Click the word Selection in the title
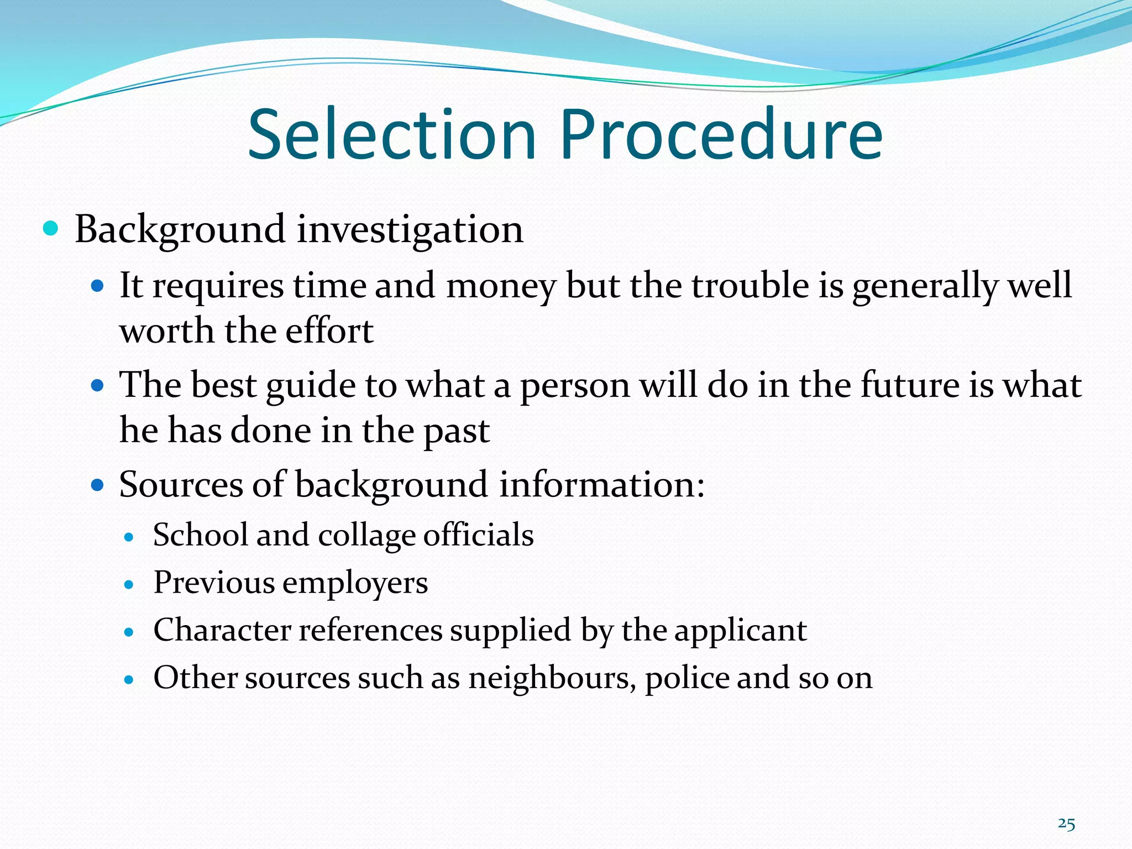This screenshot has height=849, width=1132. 392,135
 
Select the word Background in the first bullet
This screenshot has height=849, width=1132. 180,229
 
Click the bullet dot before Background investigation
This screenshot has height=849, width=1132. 50,228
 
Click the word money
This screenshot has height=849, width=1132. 501,286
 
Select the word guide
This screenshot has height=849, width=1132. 311,385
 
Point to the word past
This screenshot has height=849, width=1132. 457,431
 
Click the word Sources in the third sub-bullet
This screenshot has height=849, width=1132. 181,484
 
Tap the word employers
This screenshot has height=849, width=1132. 355,583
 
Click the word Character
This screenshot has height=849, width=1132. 222,630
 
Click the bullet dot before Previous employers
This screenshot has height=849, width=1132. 129,584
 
